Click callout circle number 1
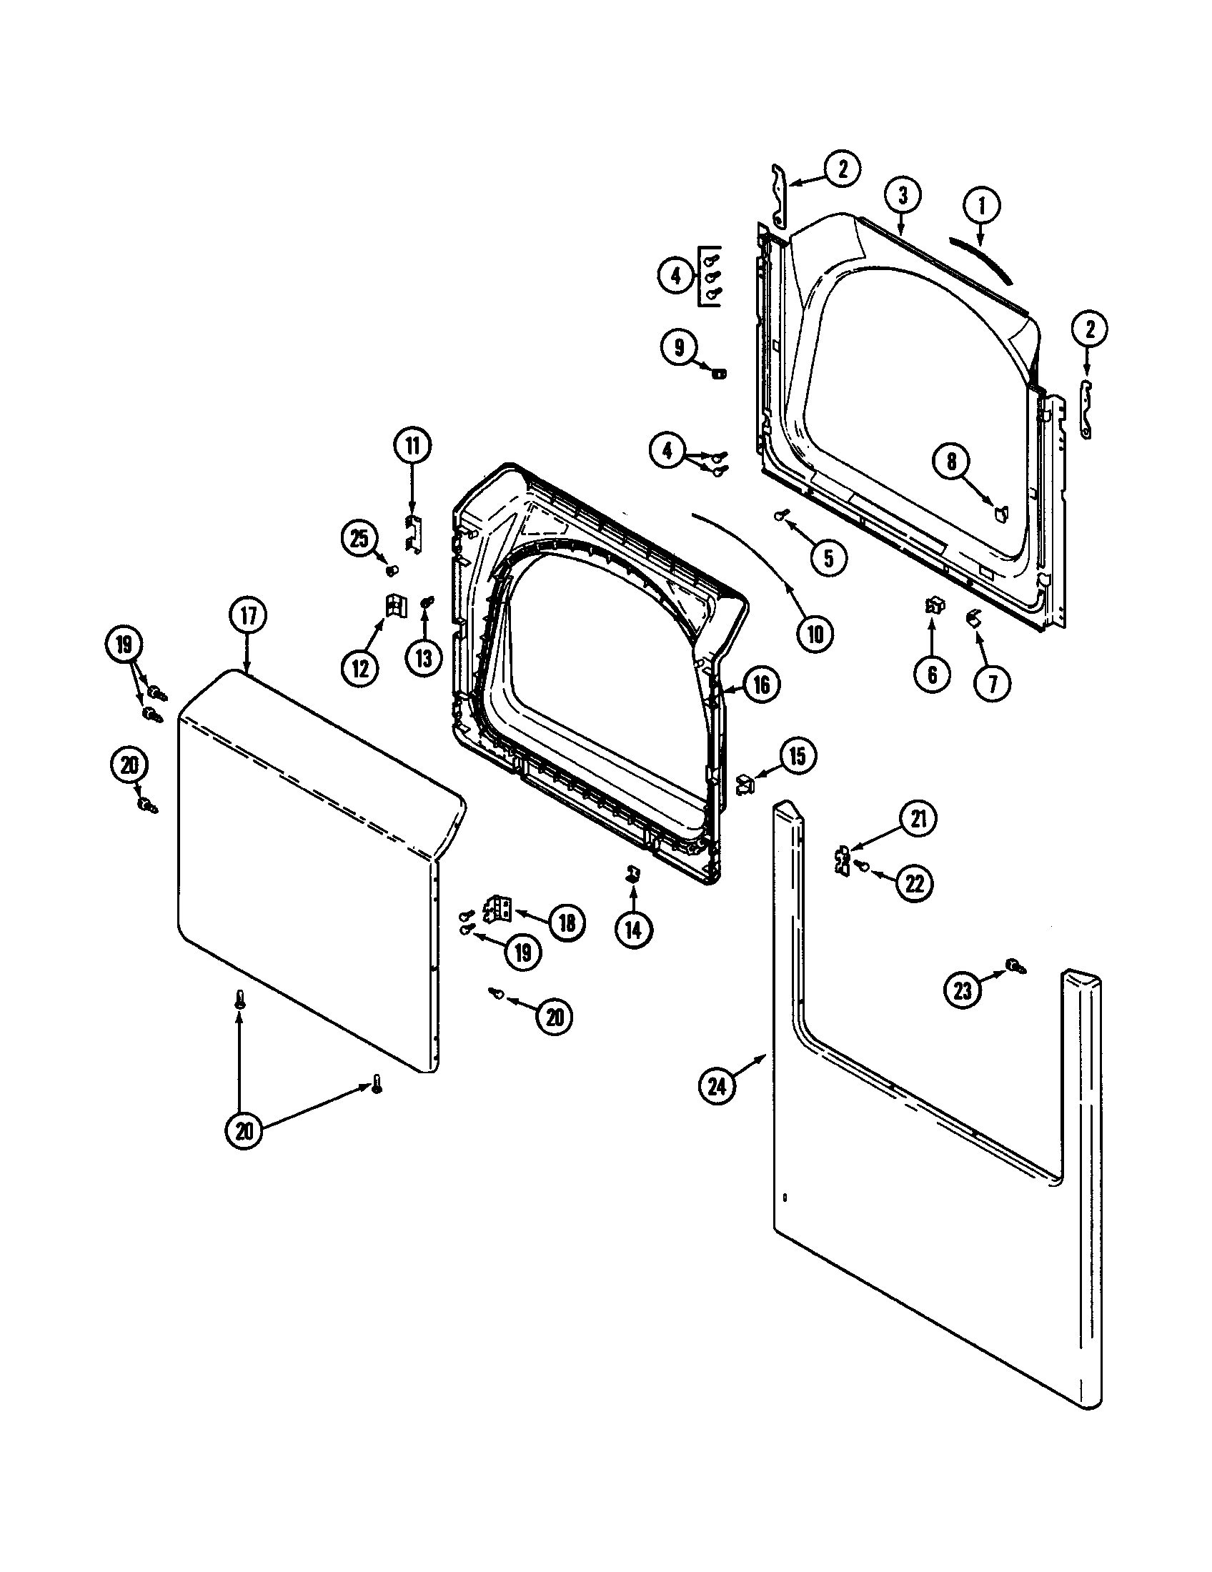[x=983, y=206]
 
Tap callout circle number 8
[x=951, y=462]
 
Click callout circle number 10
[x=814, y=633]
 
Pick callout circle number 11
[x=412, y=447]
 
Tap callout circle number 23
[x=963, y=991]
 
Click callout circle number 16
[x=761, y=685]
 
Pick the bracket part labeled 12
[x=394, y=605]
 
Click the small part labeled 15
[x=744, y=782]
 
